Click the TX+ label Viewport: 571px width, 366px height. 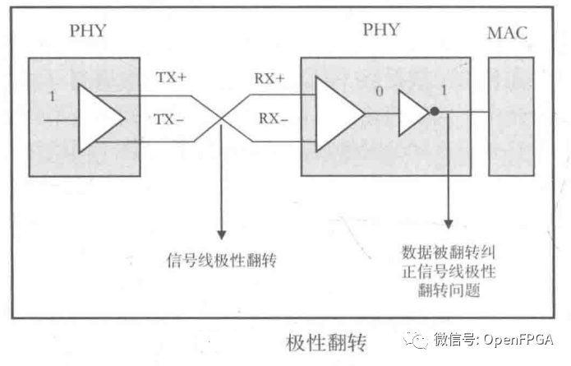171,79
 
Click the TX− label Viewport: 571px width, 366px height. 171,118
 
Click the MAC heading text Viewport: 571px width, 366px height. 507,35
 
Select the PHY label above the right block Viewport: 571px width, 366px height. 384,30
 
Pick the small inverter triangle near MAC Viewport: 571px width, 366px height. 412,114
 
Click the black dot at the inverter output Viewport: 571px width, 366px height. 435,113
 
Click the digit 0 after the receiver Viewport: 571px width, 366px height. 378,90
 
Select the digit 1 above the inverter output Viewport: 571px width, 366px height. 444,90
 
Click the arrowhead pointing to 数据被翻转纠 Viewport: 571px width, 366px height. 449,223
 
